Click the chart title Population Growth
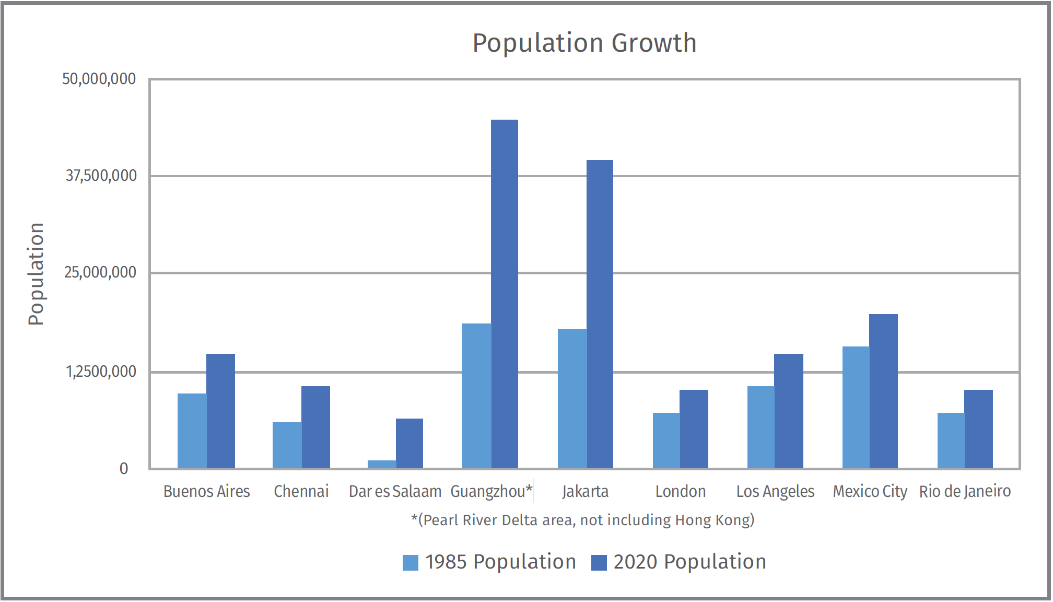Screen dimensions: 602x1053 [x=584, y=43]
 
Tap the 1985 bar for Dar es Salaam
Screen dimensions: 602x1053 [x=382, y=464]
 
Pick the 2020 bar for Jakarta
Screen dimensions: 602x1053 [x=600, y=314]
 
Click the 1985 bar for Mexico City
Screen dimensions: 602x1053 [x=856, y=407]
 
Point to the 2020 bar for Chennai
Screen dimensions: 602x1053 [x=315, y=427]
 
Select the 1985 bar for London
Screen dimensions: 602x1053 [x=666, y=440]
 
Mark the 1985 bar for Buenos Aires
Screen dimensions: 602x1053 [x=192, y=431]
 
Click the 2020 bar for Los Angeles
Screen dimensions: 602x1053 [x=789, y=411]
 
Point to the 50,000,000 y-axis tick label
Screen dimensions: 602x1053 [x=99, y=79]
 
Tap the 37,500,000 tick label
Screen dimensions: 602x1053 [x=101, y=176]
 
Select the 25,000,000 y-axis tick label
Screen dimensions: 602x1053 [x=100, y=272]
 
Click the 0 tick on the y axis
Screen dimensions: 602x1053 [x=124, y=468]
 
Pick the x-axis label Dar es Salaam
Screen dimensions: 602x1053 [x=395, y=491]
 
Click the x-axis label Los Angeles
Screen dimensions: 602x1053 [x=775, y=491]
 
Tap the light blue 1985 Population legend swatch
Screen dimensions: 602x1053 [x=411, y=562]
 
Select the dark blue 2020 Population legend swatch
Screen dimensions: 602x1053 [x=599, y=562]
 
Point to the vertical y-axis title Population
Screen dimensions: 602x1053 [x=36, y=274]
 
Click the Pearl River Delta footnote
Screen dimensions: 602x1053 [x=583, y=520]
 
